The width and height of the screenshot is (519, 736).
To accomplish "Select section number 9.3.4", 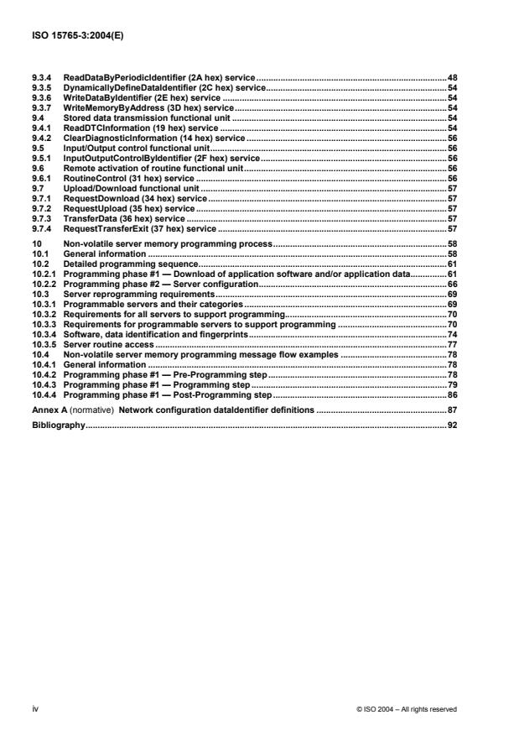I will (39, 77).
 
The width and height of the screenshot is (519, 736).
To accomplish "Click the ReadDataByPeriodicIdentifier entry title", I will (159, 77).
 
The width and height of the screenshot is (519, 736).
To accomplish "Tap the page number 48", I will (451, 77).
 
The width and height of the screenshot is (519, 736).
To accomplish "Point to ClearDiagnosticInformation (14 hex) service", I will (154, 138).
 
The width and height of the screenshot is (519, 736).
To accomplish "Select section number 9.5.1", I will (39, 157).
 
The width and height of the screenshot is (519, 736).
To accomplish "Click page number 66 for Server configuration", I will (451, 284).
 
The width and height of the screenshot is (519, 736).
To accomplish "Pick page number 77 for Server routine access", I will (451, 344).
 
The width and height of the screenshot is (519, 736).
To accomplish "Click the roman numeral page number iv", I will (34, 709).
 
